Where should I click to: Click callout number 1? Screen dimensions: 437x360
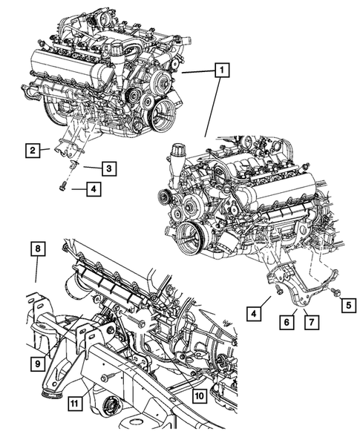(x=221, y=72)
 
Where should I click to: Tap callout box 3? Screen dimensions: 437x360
(x=108, y=169)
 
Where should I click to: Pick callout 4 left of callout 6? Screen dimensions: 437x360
(x=254, y=314)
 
